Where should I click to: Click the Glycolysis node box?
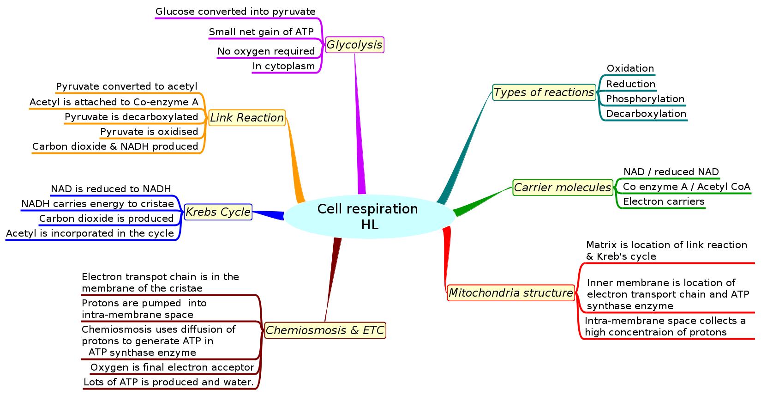[354, 45]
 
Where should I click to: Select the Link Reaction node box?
[247, 118]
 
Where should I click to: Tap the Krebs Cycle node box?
[218, 212]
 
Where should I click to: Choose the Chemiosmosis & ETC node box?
[325, 330]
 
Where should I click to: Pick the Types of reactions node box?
[544, 92]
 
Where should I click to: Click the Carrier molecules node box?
[563, 188]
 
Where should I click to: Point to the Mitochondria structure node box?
[511, 293]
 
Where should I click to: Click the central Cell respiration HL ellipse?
[368, 216]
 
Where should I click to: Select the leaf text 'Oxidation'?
[630, 68]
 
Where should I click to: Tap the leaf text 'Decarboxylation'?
[646, 114]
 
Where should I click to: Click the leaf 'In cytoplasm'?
[283, 66]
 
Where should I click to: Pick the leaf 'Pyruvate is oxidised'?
[149, 132]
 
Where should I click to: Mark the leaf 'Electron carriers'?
[664, 201]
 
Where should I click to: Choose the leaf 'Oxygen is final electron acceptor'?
[172, 367]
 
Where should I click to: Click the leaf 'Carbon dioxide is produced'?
[106, 219]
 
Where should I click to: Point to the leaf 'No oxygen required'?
[266, 51]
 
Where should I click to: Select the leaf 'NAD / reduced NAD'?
[671, 172]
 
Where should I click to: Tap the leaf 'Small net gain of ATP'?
[261, 32]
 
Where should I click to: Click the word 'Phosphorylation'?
[645, 99]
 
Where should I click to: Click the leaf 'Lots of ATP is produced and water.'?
[168, 382]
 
